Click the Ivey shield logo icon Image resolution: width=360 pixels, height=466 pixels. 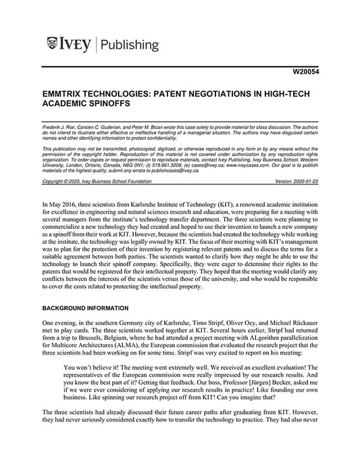coord(52,45)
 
